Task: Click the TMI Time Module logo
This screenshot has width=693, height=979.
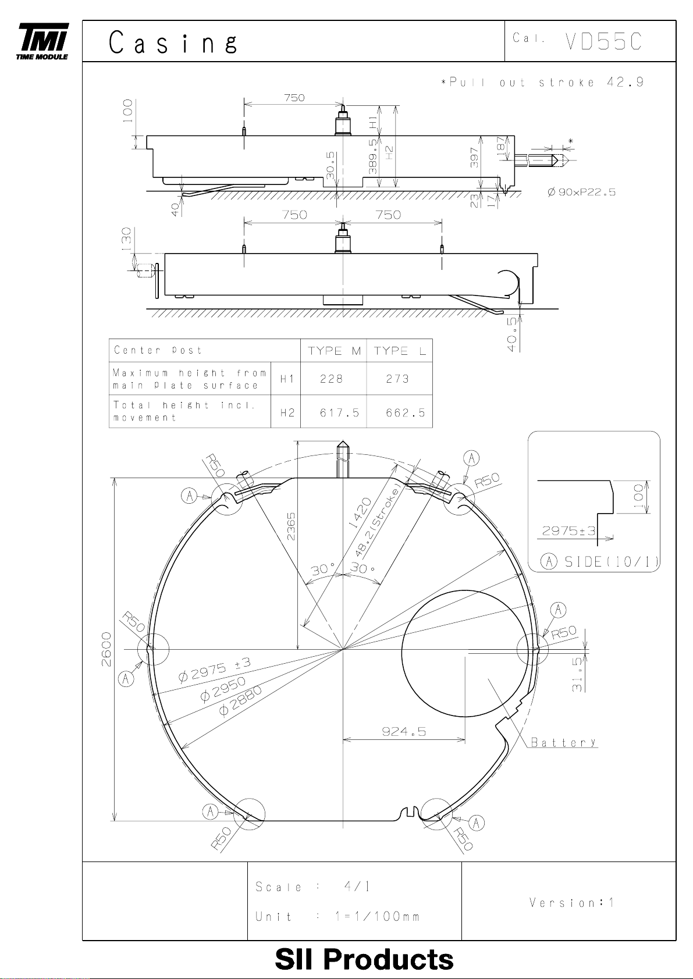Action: pos(43,41)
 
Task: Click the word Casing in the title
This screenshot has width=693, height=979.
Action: pos(173,43)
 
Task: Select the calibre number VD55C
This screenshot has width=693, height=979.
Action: pos(604,42)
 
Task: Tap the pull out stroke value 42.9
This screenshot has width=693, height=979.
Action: pos(626,82)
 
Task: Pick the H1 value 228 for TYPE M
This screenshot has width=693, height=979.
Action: pos(332,379)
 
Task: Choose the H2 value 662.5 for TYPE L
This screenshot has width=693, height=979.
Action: pos(406,412)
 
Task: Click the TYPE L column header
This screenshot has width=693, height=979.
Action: pos(399,351)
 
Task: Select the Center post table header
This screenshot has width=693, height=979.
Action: pos(158,350)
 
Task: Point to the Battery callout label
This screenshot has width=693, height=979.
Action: pos(564,742)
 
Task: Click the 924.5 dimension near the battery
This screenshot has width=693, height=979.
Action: pos(404,731)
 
